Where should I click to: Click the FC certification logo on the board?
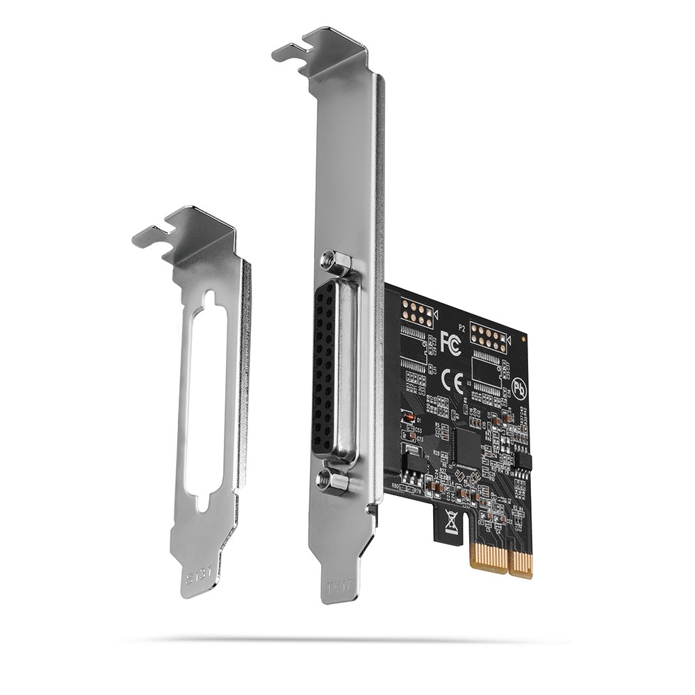[450, 343]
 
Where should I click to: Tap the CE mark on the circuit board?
[450, 379]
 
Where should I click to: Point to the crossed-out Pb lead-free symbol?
[518, 387]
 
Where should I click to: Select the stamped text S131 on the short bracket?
[196, 575]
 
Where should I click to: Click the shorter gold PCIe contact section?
[521, 564]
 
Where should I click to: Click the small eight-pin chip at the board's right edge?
[523, 460]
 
